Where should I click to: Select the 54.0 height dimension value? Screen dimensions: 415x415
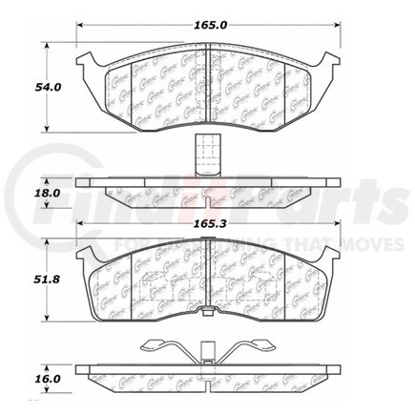(x=22, y=86)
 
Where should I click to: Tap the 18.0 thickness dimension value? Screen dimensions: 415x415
(x=22, y=192)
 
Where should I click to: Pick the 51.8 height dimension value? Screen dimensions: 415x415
(x=22, y=282)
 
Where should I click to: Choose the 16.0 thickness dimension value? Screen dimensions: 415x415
(x=22, y=378)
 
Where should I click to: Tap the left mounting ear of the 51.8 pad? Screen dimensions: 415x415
(x=85, y=256)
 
